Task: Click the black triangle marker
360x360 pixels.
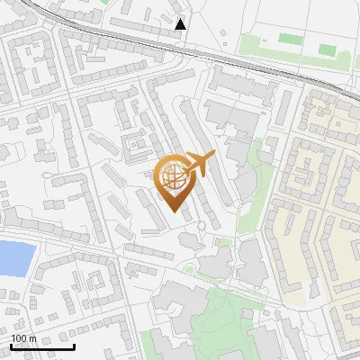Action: [181, 24]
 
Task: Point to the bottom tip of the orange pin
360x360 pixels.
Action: [172, 211]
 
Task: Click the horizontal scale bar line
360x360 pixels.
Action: [41, 346]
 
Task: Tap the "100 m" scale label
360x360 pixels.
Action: [23, 338]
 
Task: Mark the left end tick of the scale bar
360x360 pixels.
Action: [10, 345]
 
